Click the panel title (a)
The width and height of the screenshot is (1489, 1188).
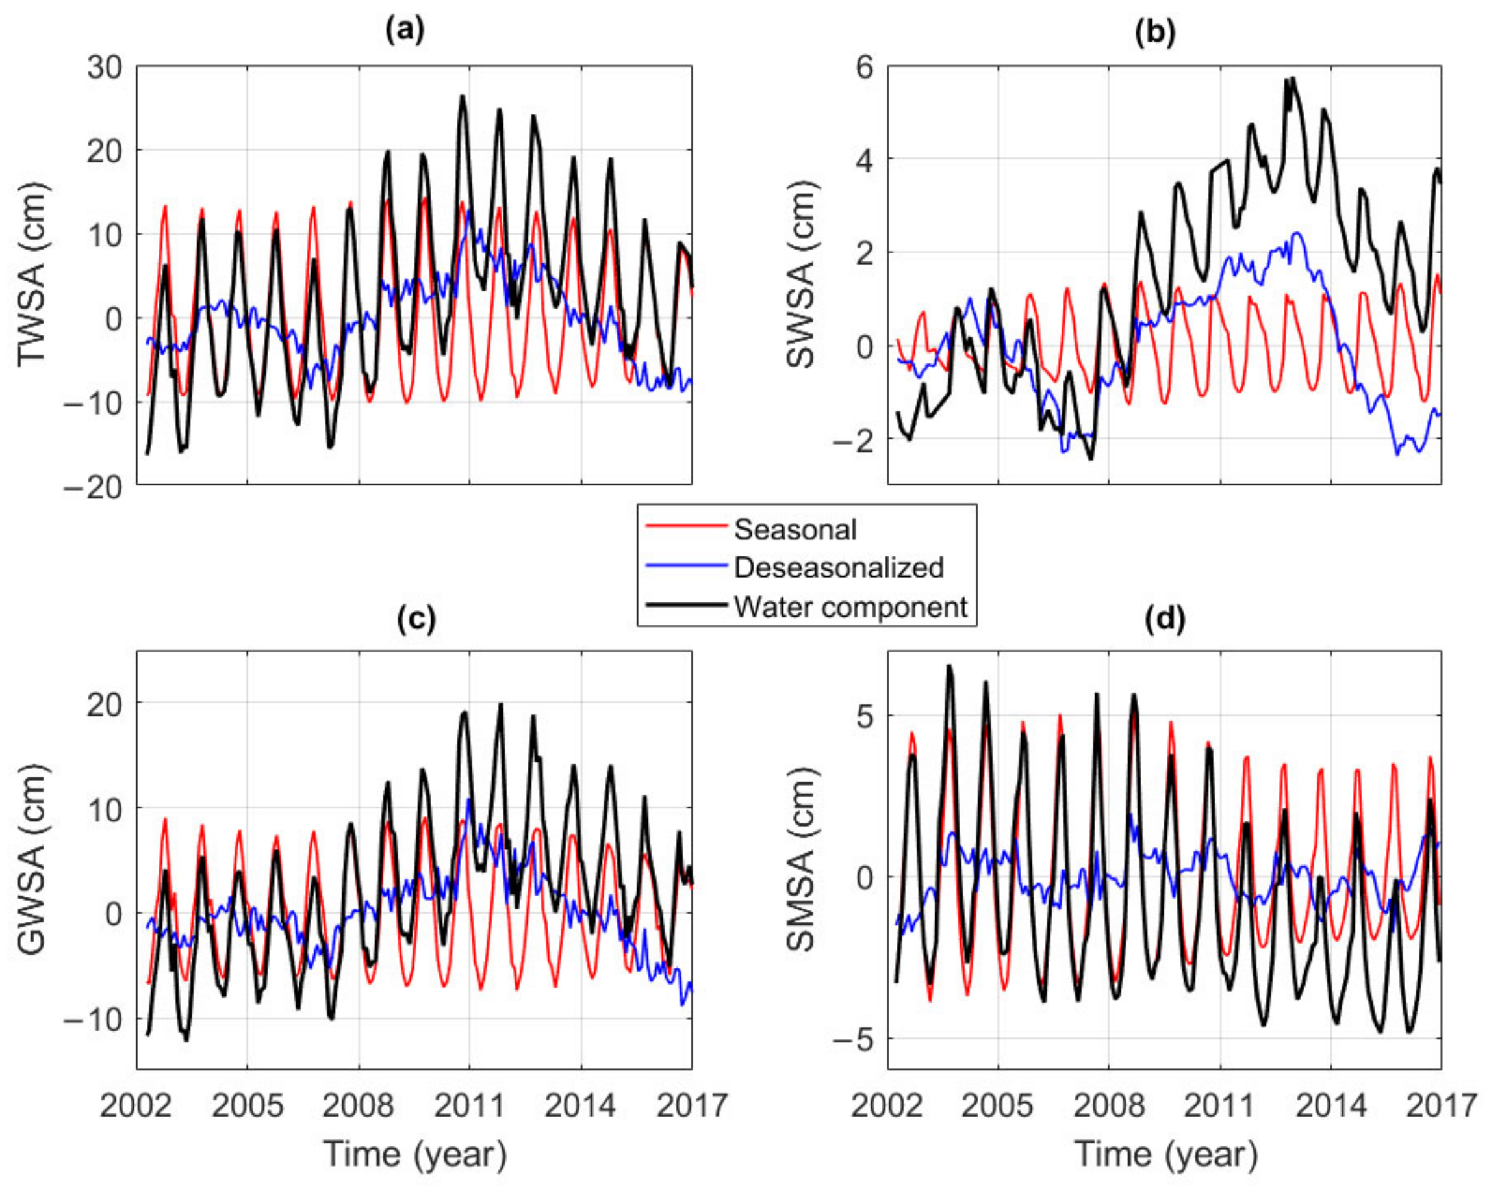click(x=405, y=31)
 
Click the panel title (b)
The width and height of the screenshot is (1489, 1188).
click(x=1154, y=33)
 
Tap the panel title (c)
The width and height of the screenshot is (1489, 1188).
click(x=416, y=619)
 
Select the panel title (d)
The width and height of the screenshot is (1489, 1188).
click(x=1164, y=619)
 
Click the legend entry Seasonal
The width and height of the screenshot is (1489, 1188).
click(x=795, y=530)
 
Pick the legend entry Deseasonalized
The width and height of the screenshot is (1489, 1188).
click(x=838, y=568)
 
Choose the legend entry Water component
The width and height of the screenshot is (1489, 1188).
click(x=850, y=607)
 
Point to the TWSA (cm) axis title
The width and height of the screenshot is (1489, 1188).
click(x=32, y=274)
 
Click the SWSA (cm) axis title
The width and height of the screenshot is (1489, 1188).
click(x=801, y=274)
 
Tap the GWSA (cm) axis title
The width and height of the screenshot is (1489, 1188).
click(x=32, y=860)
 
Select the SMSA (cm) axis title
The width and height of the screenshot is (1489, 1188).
click(x=801, y=860)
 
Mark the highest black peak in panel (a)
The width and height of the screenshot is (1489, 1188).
click(x=462, y=97)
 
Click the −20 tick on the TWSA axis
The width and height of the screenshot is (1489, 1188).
click(x=94, y=487)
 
